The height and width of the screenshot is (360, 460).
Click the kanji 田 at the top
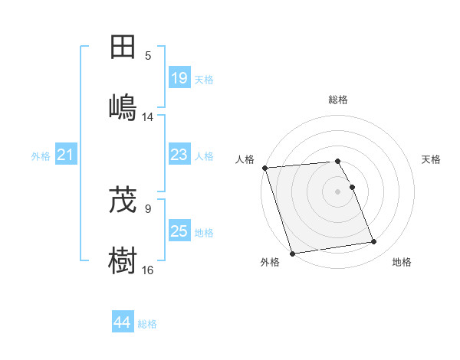tap(123, 47)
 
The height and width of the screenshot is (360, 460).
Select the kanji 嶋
tap(123, 106)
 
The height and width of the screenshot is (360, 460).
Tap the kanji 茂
tap(123, 201)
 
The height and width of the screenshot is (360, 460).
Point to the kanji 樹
tap(123, 259)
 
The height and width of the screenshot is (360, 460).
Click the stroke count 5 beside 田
tap(148, 56)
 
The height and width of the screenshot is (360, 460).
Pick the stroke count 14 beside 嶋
tap(148, 116)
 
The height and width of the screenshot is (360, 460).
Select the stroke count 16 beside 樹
tap(148, 270)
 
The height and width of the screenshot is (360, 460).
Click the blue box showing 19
tap(179, 78)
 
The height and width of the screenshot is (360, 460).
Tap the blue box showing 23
tap(179, 155)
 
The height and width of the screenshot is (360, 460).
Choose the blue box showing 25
tap(179, 231)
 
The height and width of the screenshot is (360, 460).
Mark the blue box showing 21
tap(66, 155)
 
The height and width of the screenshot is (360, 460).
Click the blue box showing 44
tap(122, 322)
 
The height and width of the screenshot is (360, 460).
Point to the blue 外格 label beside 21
tap(41, 156)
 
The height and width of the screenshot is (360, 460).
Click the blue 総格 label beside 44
tap(147, 324)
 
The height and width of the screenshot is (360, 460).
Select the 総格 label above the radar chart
tap(338, 100)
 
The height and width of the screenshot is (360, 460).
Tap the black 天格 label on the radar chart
tap(432, 159)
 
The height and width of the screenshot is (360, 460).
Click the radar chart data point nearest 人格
tap(264, 168)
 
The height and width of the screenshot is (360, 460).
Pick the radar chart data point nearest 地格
tap(374, 242)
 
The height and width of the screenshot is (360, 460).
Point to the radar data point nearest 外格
tap(292, 253)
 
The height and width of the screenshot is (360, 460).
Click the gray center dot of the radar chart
tap(338, 191)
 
